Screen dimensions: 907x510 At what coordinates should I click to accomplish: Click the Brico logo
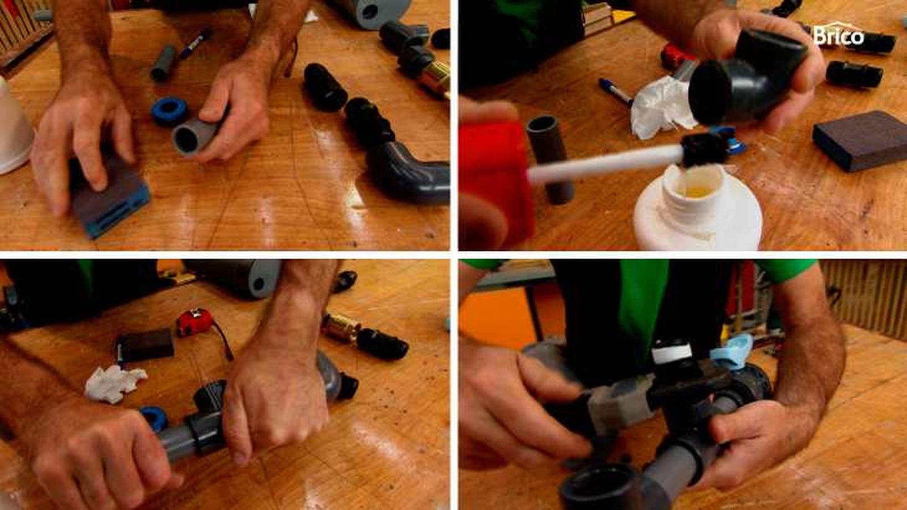coord(838,36)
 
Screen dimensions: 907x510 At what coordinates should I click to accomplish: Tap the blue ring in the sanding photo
coord(169,110)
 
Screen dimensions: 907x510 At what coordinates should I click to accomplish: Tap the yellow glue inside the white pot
coord(697,191)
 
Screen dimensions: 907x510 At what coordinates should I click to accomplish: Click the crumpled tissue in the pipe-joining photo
coord(115,383)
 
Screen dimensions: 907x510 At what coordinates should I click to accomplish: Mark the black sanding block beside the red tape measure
coord(146,345)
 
